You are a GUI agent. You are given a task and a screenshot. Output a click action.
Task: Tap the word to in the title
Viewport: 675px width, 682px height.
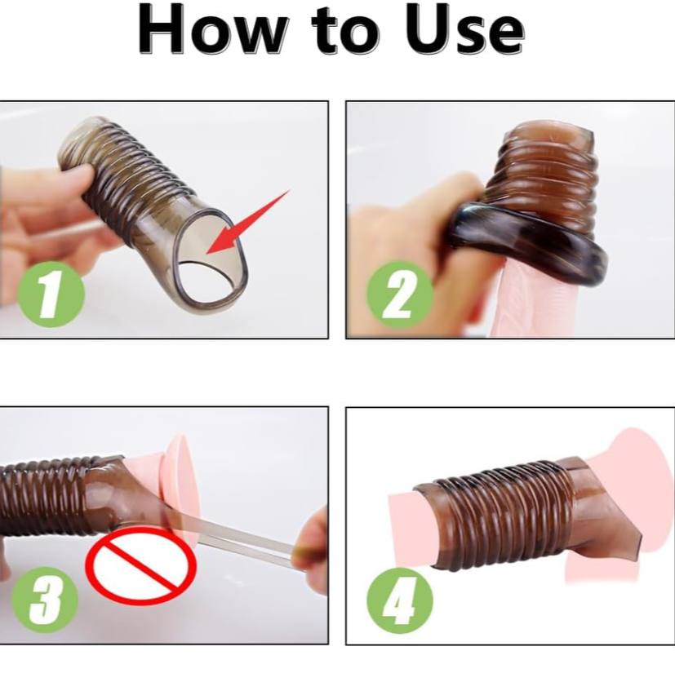tap(347, 30)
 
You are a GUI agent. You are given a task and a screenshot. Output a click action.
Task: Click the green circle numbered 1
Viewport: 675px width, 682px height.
tap(51, 294)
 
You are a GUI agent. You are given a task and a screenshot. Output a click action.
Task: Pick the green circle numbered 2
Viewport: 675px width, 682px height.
tap(399, 294)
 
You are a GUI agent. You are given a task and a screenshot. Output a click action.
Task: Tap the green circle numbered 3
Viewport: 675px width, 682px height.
tap(44, 600)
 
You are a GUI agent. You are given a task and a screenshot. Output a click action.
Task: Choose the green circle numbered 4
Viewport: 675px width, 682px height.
tap(399, 600)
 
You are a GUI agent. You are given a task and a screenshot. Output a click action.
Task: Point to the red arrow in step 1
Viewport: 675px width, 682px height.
tap(247, 222)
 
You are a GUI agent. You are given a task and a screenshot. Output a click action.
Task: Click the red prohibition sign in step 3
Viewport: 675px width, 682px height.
tap(140, 565)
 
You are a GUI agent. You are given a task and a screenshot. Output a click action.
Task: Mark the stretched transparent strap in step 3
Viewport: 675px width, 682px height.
tap(235, 539)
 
